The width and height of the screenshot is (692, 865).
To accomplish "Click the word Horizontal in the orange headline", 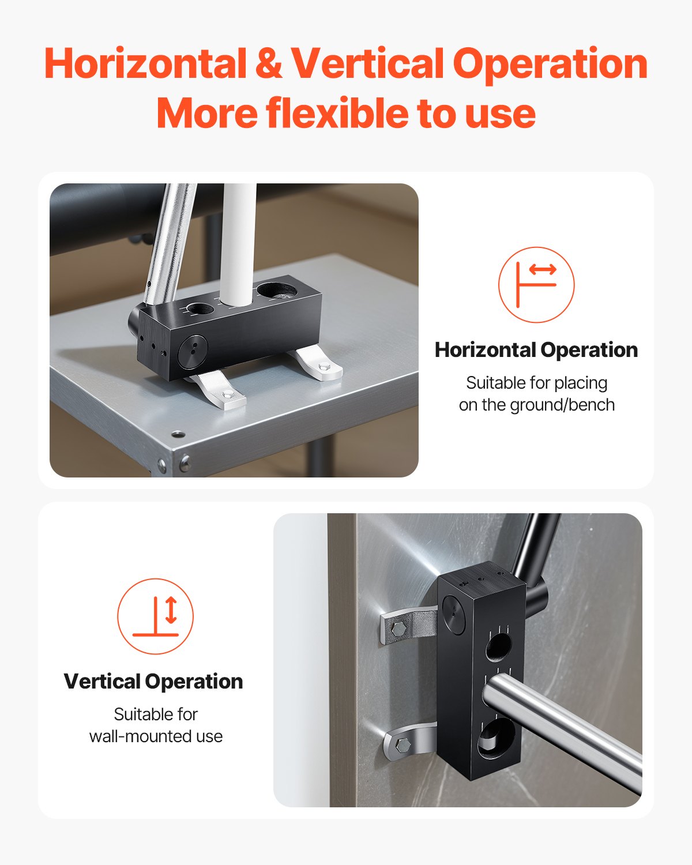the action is click(145, 63).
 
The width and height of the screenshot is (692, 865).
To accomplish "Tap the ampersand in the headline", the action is click(268, 63).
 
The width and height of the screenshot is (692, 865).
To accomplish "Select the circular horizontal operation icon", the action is click(536, 284).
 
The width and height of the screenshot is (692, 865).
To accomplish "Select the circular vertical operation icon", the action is click(155, 616).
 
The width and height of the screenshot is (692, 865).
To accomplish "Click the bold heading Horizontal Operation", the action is click(536, 349).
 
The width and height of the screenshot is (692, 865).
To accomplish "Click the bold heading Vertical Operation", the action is click(153, 681).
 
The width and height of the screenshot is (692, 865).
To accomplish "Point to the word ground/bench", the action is click(562, 405).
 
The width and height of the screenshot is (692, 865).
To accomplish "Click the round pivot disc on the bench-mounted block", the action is click(192, 351).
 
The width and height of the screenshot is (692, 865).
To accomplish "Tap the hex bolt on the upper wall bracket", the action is click(398, 629).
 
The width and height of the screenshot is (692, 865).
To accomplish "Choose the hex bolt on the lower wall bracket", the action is click(403, 746).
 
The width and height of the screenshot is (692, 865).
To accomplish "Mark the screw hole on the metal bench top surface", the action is click(178, 434).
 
